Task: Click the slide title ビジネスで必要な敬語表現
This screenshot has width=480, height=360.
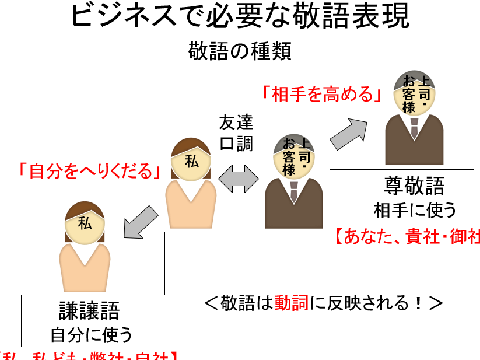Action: [240, 18]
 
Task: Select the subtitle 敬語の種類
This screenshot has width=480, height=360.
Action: [240, 51]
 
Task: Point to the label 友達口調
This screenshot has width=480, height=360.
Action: [236, 132]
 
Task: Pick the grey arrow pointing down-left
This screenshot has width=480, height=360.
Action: [139, 222]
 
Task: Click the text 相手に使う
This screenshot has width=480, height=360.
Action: [415, 209]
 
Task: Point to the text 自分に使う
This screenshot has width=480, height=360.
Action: [91, 335]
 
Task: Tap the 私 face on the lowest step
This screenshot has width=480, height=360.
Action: [85, 225]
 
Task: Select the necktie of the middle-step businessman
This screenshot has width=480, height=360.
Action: [294, 189]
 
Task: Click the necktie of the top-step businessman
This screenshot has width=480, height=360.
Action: [414, 128]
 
